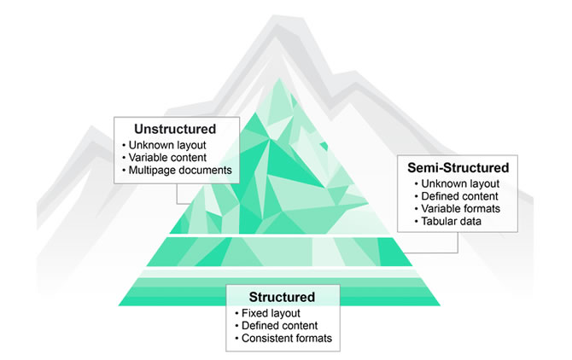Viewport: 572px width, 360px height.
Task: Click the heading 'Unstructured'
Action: tap(175, 129)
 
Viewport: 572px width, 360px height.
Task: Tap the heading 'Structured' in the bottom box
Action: tap(282, 297)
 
